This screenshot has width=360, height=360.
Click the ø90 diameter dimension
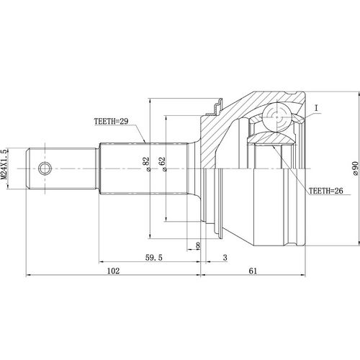355,169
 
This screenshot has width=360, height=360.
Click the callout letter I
315,109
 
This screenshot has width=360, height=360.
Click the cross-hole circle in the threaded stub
45,169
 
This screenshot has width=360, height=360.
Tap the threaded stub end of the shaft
61,169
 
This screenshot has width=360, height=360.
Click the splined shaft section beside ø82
122,169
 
